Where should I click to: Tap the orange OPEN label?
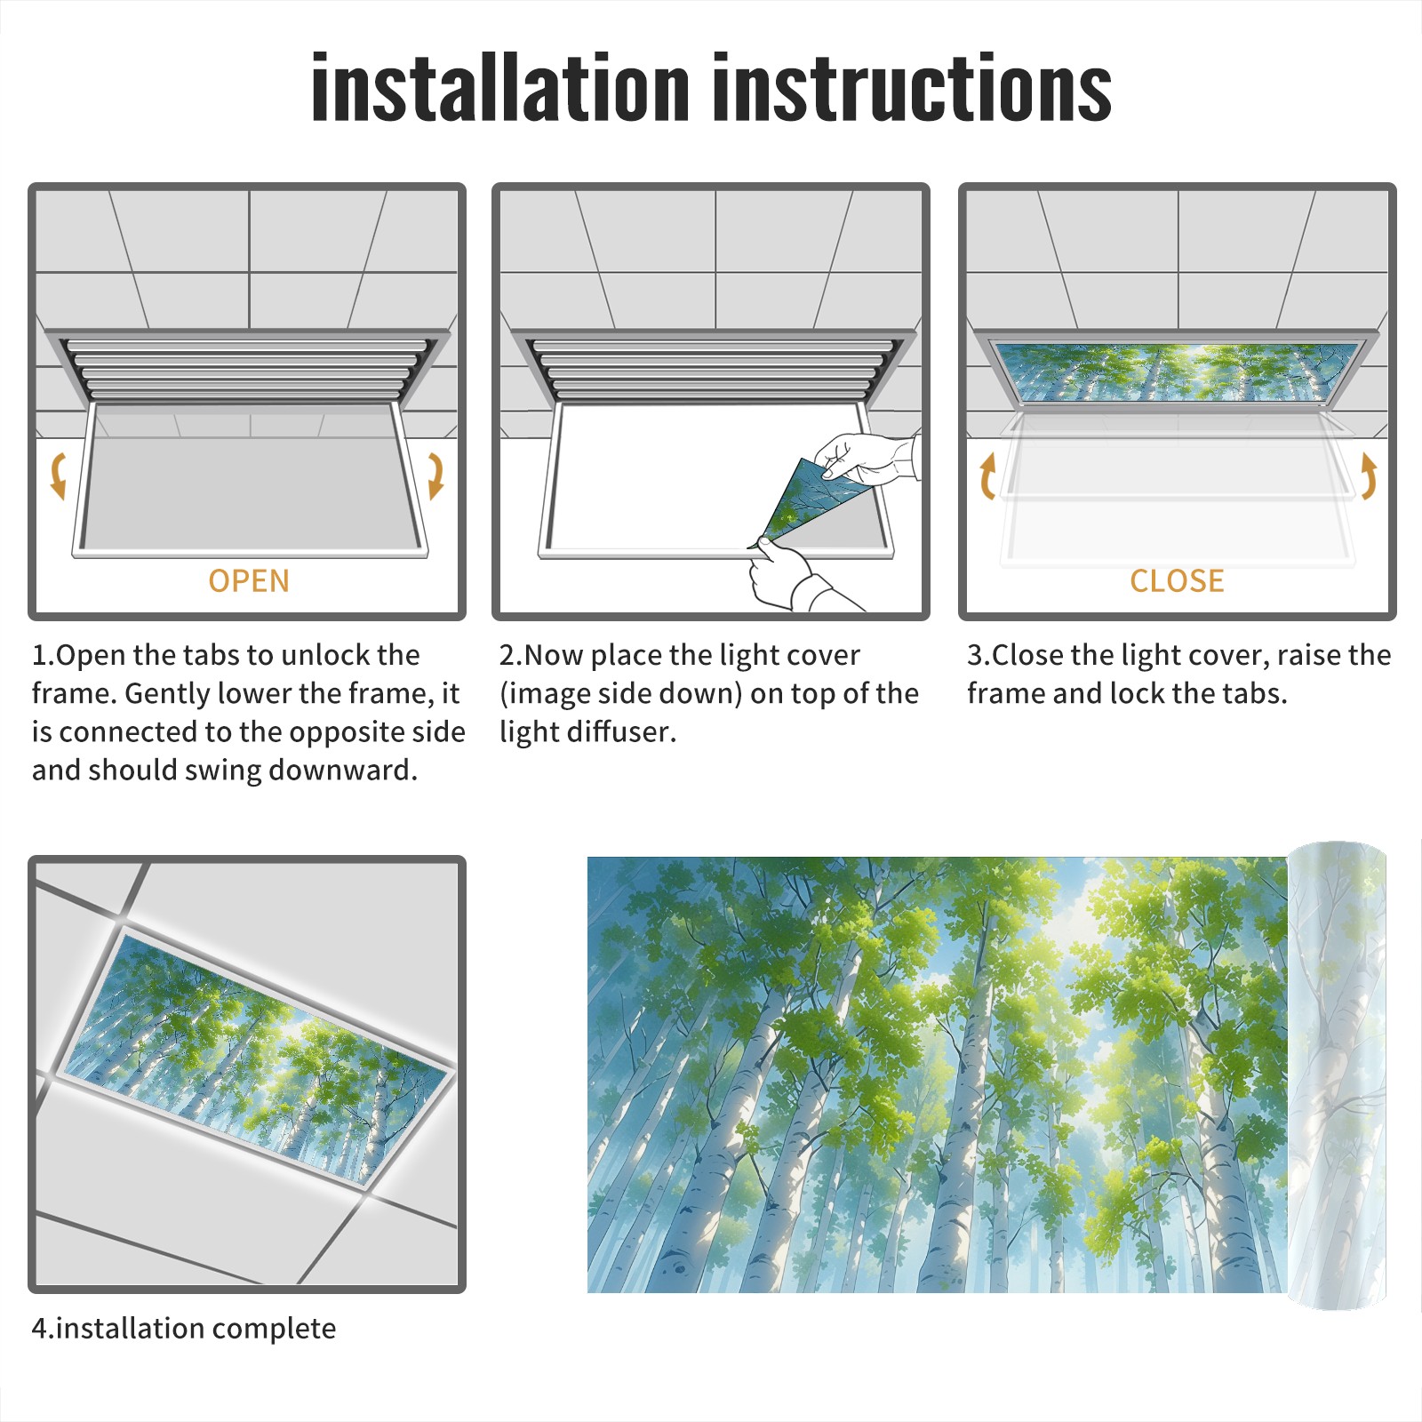pos(249,581)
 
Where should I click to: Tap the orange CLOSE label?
pos(1177,581)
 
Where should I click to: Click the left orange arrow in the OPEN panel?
pos(58,475)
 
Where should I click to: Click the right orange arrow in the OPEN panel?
pos(435,475)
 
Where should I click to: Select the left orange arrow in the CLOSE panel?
pos(987,475)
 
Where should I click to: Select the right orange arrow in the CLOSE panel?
pos(1369,475)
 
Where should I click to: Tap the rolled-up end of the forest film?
pos(1338,1075)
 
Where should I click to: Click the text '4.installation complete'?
pos(184,1329)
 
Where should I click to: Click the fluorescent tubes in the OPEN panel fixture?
pos(249,368)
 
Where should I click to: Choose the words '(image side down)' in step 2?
pos(620,693)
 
